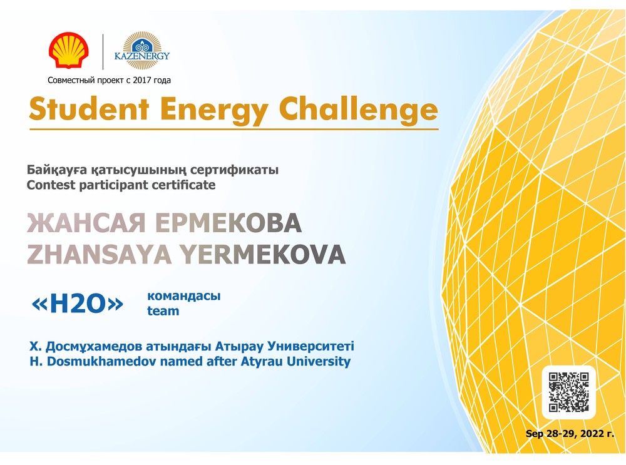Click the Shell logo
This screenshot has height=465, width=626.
[69, 50]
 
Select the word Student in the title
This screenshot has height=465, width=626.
[89, 109]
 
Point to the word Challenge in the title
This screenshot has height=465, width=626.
[358, 110]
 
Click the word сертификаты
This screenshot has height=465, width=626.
[234, 170]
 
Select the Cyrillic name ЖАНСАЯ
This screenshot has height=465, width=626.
[86, 223]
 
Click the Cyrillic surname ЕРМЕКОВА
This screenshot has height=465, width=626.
[228, 223]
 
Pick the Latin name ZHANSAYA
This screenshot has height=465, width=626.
[99, 255]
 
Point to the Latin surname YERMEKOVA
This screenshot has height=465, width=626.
[262, 255]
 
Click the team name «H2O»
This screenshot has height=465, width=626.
[78, 304]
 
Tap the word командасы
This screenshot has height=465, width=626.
[183, 296]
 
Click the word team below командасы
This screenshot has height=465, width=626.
[163, 311]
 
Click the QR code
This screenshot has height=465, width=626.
[568, 392]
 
